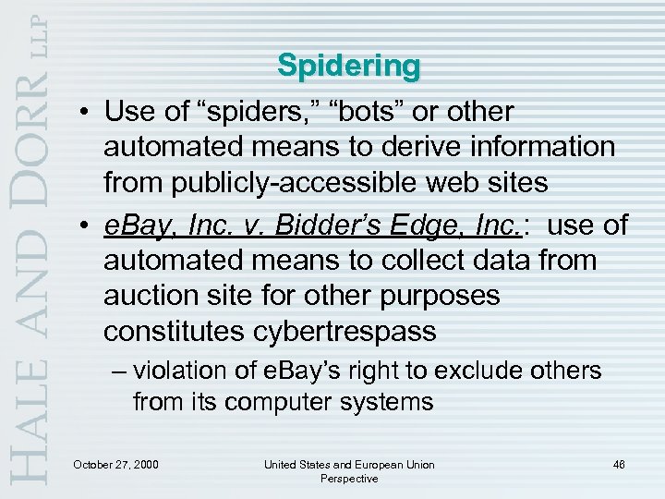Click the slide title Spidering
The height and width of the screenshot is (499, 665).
[x=348, y=67]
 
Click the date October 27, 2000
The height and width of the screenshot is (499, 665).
[x=115, y=463]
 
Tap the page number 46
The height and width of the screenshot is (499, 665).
[x=618, y=463]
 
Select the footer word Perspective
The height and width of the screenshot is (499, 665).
[x=349, y=478]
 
